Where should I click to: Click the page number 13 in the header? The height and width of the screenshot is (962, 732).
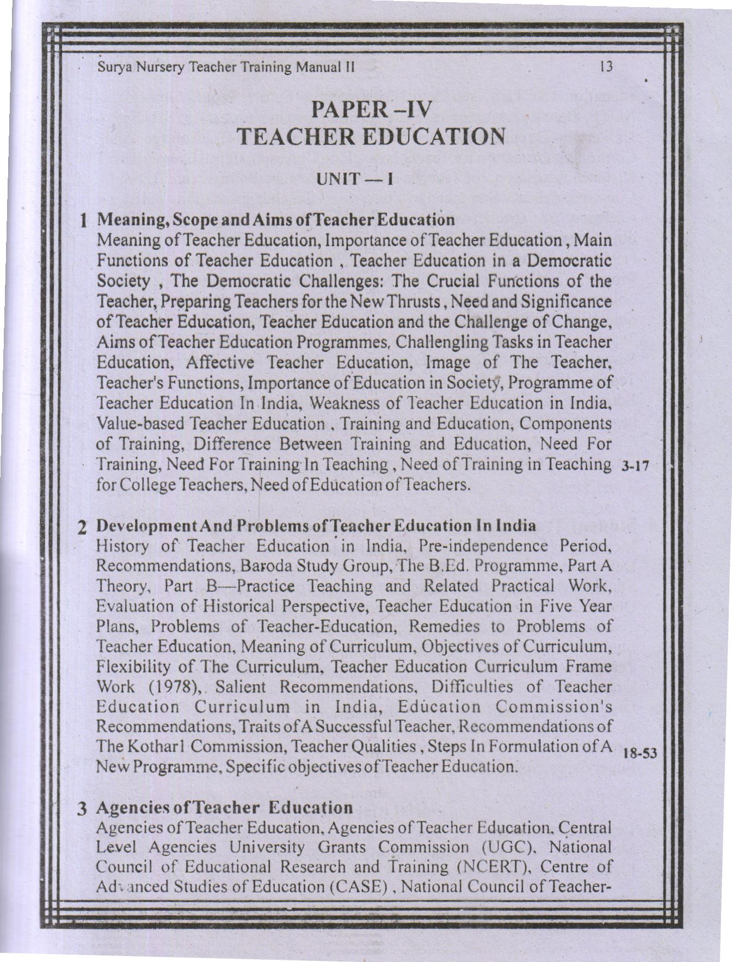click(x=606, y=67)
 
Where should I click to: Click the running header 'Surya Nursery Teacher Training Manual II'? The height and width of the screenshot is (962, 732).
click(x=226, y=68)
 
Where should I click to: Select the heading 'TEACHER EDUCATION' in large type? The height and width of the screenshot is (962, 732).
click(x=372, y=136)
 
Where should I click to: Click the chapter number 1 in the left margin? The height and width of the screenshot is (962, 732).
click(x=83, y=221)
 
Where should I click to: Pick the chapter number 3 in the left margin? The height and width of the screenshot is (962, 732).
click(x=82, y=808)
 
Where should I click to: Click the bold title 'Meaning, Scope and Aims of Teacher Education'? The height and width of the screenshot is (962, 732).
click(x=275, y=220)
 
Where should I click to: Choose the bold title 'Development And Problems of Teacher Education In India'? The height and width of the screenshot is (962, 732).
click(x=316, y=526)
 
